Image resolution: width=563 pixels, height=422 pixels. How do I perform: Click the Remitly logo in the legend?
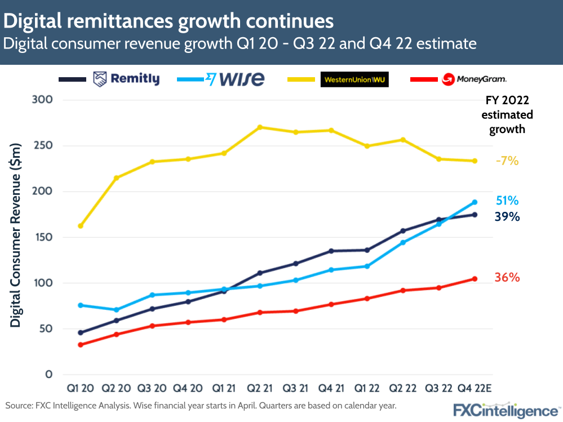pyautogui.click(x=126, y=79)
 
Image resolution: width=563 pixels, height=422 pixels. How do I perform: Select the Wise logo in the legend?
pyautogui.click(x=236, y=79)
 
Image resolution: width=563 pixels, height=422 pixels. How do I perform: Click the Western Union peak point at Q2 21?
pyautogui.click(x=260, y=127)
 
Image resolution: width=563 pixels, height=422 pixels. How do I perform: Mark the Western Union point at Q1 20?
pyautogui.click(x=81, y=226)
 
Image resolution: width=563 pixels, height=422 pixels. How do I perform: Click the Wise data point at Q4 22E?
pyautogui.click(x=475, y=202)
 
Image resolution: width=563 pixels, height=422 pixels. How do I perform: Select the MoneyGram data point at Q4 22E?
pyautogui.click(x=475, y=279)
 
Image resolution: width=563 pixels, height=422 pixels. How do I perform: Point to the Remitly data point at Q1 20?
pyautogui.click(x=81, y=332)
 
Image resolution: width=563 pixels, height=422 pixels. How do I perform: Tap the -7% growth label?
pyautogui.click(x=507, y=161)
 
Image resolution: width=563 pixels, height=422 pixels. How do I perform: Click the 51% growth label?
pyautogui.click(x=507, y=201)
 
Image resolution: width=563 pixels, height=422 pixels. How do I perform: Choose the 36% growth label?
pyautogui.click(x=507, y=278)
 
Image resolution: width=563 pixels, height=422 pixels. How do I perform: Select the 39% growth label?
pyautogui.click(x=507, y=217)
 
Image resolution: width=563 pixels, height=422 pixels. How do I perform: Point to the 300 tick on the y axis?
pyautogui.click(x=45, y=100)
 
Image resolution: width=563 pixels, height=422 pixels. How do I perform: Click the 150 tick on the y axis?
pyautogui.click(x=45, y=237)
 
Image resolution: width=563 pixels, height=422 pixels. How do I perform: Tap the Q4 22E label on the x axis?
pyautogui.click(x=474, y=389)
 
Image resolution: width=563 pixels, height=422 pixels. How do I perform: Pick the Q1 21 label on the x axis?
pyautogui.click(x=224, y=389)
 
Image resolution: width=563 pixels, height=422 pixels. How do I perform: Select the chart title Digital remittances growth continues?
pyautogui.click(x=169, y=21)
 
